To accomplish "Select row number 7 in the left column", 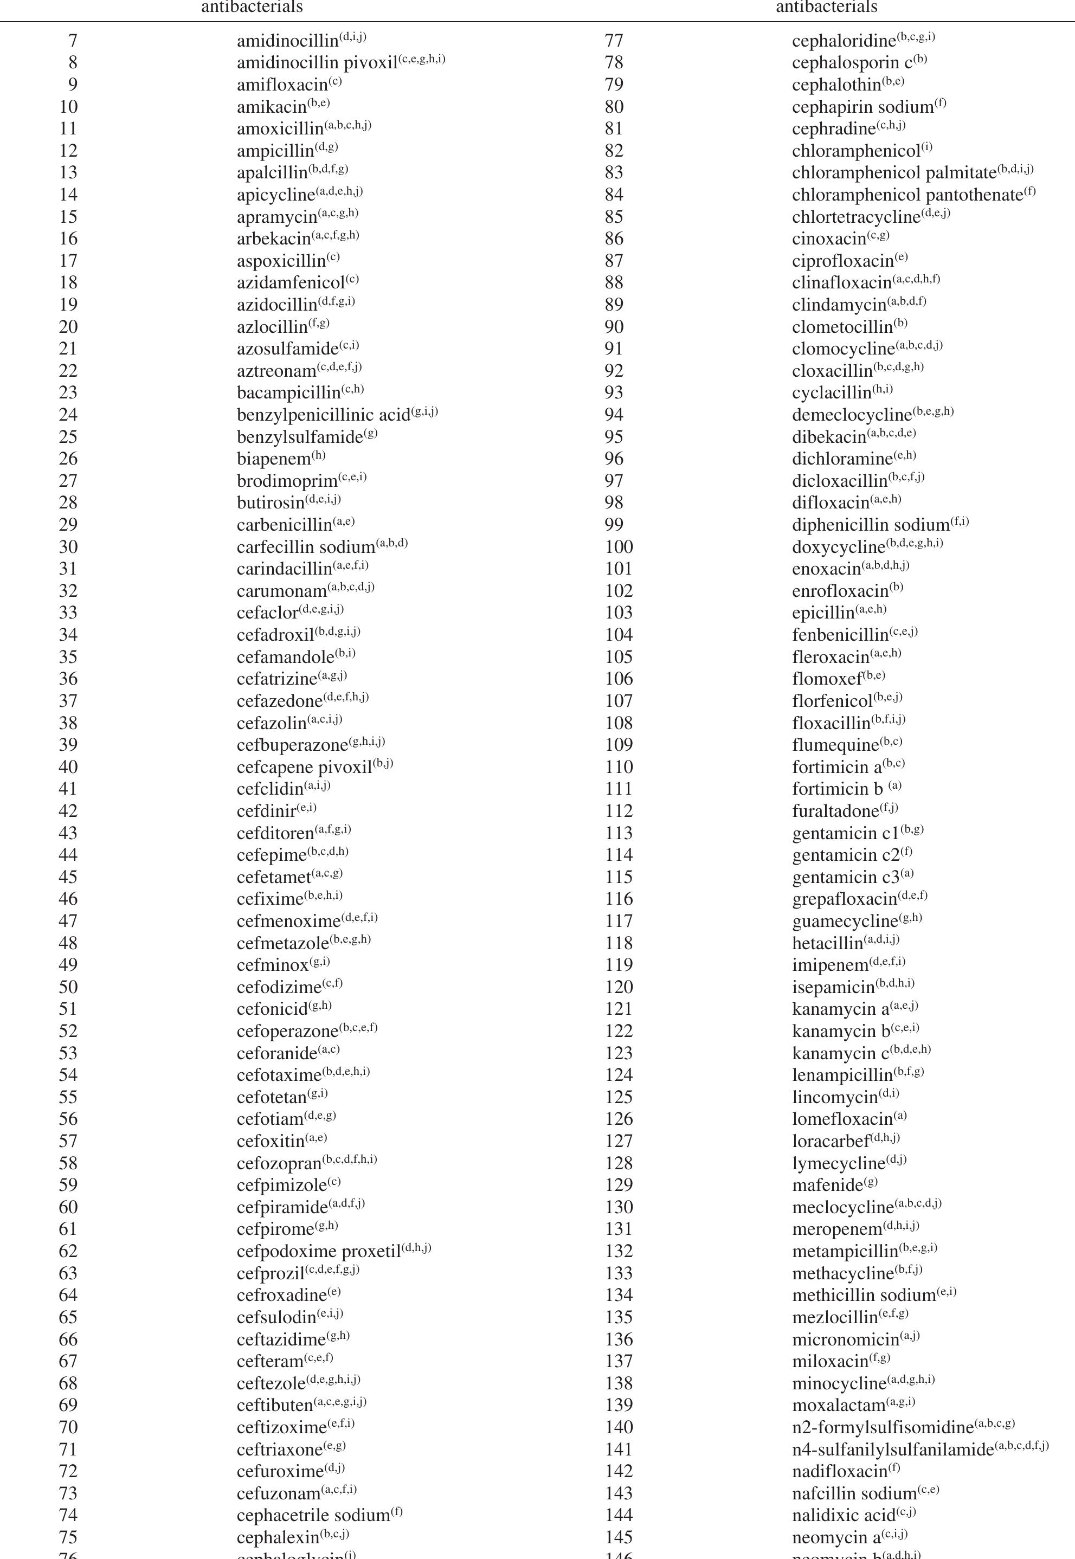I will [x=73, y=41].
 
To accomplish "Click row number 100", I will [x=619, y=547].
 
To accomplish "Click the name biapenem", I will [x=273, y=459].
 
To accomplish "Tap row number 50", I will [x=68, y=987].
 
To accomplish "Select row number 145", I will [x=619, y=1537].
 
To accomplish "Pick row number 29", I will [x=68, y=525].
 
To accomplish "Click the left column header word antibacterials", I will [x=252, y=8].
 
